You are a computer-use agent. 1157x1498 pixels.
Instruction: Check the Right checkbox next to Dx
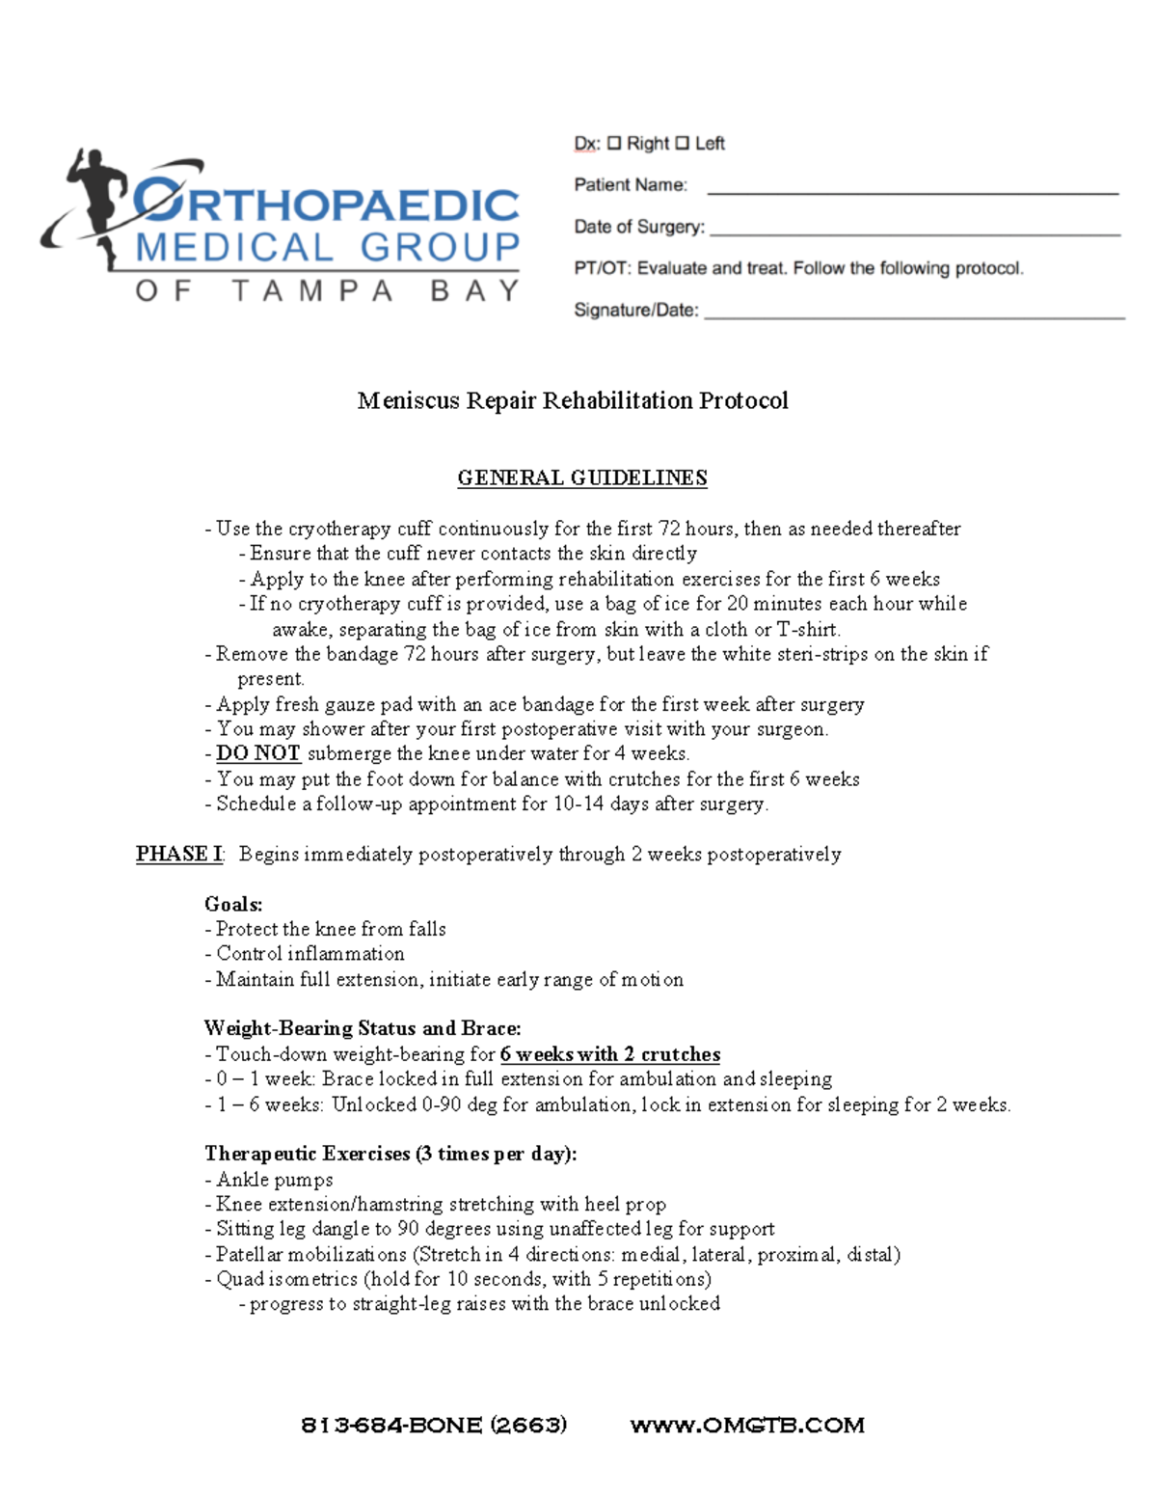[614, 144]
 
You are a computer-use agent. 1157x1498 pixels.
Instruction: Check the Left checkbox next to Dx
[682, 144]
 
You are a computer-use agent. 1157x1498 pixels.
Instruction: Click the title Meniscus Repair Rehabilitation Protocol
[573, 400]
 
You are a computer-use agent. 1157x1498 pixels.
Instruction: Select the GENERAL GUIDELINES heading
[581, 478]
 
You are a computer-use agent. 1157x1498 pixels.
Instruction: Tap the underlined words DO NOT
[258, 753]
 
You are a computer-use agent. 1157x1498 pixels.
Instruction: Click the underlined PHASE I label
[179, 854]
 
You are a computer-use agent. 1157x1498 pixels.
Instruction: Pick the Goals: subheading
[233, 904]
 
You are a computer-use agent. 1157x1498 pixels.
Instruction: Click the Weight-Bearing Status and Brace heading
[363, 1028]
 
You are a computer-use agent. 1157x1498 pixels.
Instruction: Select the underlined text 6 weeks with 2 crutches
[609, 1054]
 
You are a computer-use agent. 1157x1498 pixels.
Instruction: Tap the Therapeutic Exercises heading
[390, 1154]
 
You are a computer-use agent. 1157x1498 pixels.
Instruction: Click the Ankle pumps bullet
[274, 1180]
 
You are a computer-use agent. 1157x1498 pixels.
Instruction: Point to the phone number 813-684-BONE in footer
[434, 1425]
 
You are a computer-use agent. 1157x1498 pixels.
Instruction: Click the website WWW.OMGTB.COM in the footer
[746, 1425]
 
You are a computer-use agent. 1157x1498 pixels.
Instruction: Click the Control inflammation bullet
[309, 954]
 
